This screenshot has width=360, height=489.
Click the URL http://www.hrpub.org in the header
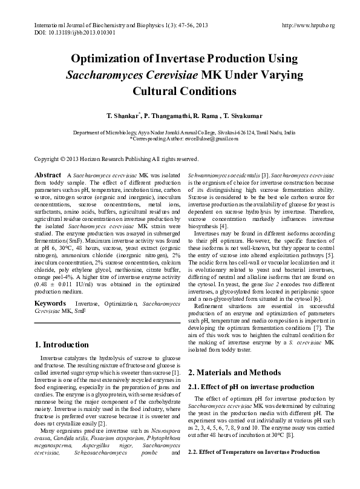[309, 25]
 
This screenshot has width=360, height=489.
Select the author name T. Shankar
[123, 114]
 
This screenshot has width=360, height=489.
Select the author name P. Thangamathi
[171, 114]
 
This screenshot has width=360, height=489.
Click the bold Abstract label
[48, 174]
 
